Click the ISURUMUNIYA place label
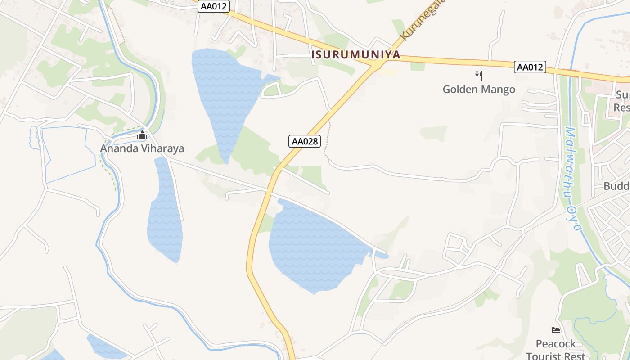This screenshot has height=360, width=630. [356, 55]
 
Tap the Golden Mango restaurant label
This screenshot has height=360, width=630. [479, 89]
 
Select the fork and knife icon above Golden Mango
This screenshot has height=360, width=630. [479, 76]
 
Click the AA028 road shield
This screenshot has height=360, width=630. [305, 141]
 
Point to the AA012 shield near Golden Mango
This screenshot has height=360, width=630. [530, 67]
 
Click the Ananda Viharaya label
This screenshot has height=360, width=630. [142, 148]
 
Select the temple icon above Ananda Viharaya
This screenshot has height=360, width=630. [142, 135]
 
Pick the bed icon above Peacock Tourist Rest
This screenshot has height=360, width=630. [556, 330]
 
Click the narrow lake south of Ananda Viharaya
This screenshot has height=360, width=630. [165, 211]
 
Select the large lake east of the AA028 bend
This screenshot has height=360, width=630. [315, 247]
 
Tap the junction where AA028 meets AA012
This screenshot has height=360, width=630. [375, 66]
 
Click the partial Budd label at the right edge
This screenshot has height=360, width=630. [617, 186]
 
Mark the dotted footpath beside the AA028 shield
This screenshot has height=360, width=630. [327, 139]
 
